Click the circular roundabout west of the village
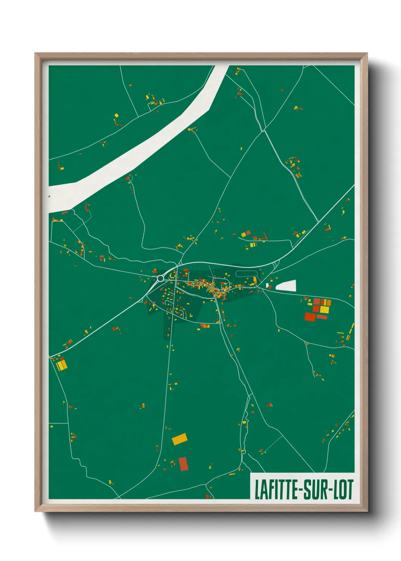(x=160, y=278)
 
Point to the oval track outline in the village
(x=247, y=273)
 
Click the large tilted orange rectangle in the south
(x=180, y=439)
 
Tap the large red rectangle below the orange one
(x=183, y=464)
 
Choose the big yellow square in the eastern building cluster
(x=324, y=309)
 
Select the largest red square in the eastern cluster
(x=310, y=317)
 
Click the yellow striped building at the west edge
(x=62, y=365)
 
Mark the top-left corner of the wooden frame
(x=36, y=54)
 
